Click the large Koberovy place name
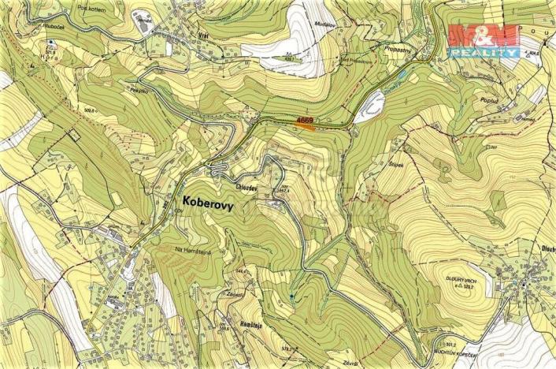207,202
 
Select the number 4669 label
305,119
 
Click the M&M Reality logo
483,40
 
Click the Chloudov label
247,187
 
